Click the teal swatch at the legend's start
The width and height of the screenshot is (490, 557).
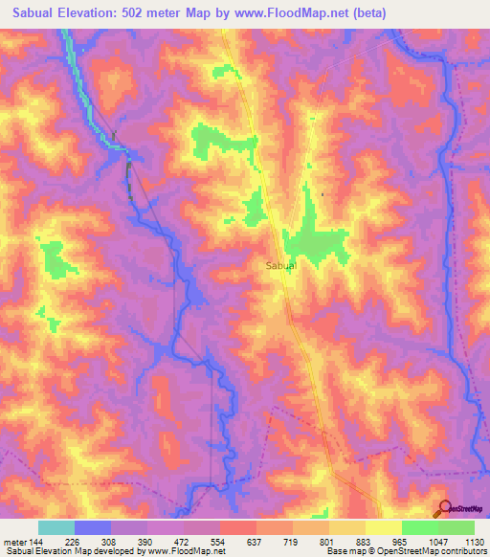[56, 526]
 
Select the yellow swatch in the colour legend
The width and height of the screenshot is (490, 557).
[383, 526]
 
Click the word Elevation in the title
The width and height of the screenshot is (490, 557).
[100, 12]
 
